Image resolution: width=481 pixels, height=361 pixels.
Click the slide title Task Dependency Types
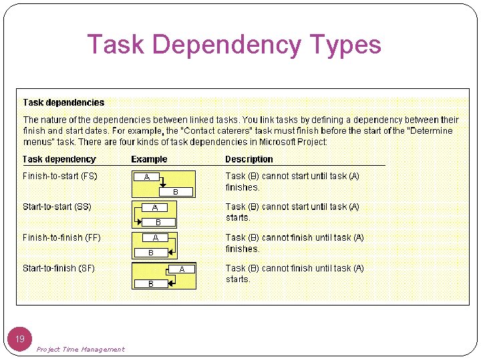[234, 45]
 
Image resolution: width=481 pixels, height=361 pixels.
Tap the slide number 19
[20, 339]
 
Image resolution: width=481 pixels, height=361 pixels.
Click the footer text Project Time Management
[80, 349]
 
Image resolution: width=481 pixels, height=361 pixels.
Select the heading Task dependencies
[63, 102]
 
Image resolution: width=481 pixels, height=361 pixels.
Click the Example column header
[149, 159]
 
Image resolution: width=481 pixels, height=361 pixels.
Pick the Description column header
[249, 159]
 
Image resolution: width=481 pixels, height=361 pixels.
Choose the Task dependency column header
[59, 159]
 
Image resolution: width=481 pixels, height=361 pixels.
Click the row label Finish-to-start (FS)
[60, 176]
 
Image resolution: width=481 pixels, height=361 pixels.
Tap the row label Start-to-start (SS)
[57, 207]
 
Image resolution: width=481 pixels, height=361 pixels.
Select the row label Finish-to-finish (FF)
[61, 237]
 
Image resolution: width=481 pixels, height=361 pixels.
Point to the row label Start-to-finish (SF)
[59, 268]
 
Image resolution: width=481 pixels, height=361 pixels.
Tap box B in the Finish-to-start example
[175, 192]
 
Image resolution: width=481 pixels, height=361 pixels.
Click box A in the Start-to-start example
[156, 208]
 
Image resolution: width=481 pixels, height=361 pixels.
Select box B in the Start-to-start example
[158, 222]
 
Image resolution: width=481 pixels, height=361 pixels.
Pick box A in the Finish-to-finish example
[155, 238]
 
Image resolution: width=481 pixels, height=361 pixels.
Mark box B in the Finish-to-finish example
[151, 253]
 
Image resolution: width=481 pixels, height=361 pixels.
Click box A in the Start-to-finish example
[181, 269]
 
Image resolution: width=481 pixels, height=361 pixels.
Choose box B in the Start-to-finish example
[151, 283]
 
